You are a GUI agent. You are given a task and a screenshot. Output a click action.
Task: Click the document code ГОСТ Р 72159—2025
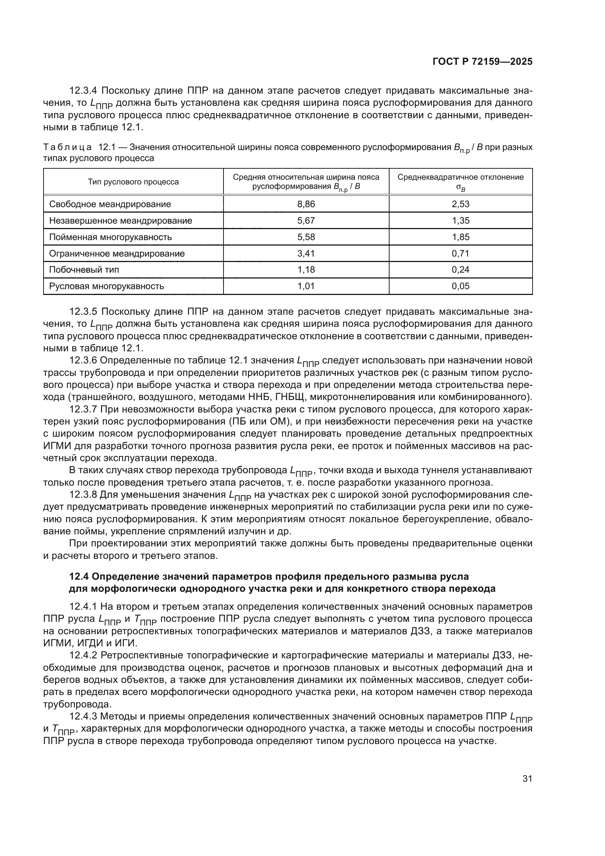[482, 62]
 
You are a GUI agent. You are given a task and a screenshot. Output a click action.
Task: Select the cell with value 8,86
[306, 204]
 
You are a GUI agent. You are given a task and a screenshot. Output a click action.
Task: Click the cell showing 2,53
[461, 204]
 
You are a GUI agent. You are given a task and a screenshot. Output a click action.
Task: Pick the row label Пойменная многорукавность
[110, 237]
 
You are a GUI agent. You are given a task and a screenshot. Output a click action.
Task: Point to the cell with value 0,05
[461, 286]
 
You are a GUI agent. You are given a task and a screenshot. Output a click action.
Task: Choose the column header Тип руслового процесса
[133, 182]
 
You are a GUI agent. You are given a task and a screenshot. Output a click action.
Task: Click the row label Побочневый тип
[84, 270]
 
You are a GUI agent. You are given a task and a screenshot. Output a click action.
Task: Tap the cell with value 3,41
[306, 254]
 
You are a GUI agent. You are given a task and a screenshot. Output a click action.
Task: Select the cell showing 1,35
[461, 221]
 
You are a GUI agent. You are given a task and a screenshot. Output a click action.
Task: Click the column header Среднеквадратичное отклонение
[461, 177]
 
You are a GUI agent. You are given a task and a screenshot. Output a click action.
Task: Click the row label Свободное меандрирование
[110, 204]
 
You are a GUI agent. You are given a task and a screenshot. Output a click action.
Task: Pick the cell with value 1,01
[306, 286]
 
